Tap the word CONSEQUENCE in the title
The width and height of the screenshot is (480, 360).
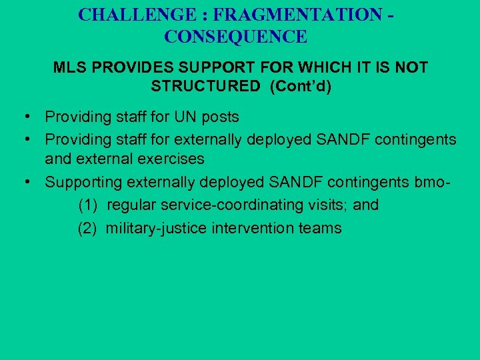point(236,37)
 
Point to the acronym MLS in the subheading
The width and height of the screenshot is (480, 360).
point(67,68)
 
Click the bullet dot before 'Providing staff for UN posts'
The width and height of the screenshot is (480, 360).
point(23,117)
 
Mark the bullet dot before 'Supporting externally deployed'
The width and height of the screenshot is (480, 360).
point(23,182)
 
